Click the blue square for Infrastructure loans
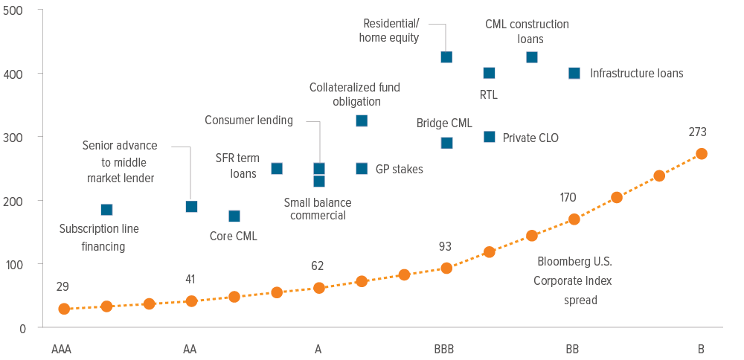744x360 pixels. click(574, 73)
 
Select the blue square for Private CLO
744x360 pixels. click(489, 137)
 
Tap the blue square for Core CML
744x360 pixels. click(234, 216)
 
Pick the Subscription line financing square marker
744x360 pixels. click(106, 210)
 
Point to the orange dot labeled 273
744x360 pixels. click(701, 154)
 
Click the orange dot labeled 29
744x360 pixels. click(64, 309)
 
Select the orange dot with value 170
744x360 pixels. click(574, 219)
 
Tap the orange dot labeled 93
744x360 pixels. click(446, 268)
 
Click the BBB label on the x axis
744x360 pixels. click(444, 349)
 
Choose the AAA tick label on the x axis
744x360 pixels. click(62, 349)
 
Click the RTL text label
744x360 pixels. click(489, 95)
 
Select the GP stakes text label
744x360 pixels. click(400, 170)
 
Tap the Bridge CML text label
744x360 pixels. click(444, 123)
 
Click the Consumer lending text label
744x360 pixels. click(249, 120)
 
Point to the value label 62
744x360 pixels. click(318, 266)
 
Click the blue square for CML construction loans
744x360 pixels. click(532, 57)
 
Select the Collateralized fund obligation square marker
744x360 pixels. click(362, 120)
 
